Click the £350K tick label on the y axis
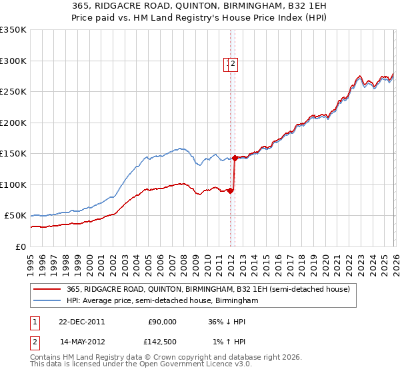[13, 30]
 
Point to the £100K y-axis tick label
[13, 185]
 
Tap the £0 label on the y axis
[20, 246]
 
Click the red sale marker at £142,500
[235, 159]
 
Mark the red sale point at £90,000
[231, 190]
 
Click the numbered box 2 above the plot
[235, 64]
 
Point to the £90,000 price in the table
[162, 322]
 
